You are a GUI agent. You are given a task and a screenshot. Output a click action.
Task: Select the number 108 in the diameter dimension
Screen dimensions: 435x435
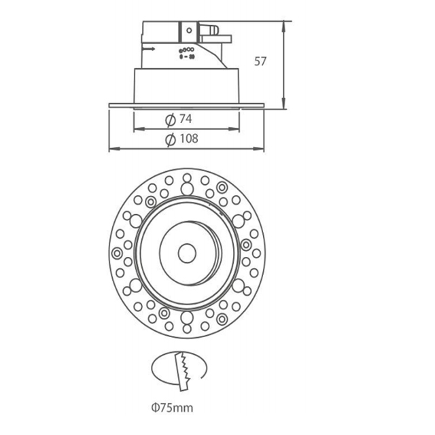click(x=188, y=139)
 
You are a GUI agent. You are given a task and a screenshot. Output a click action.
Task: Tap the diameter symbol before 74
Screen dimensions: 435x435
click(x=170, y=120)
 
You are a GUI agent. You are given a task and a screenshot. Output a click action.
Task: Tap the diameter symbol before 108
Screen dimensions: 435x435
click(x=170, y=140)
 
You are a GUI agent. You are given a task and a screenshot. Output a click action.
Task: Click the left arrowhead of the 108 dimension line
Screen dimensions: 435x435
click(x=113, y=148)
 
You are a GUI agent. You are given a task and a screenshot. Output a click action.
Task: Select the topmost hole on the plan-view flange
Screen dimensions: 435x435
click(x=185, y=178)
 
